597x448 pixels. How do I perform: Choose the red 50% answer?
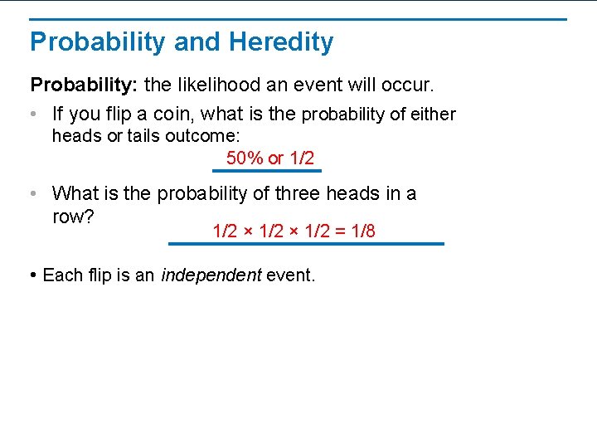245,158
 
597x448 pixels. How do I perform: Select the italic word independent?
211,275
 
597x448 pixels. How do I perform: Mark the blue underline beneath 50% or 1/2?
266,171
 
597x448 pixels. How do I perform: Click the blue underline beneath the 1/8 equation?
306,244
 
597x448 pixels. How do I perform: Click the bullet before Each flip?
33,275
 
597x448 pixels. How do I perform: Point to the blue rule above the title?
298,19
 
